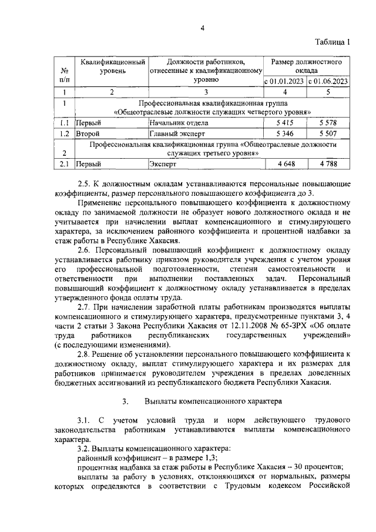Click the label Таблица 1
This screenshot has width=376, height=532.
332,42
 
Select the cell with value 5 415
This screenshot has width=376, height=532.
284,123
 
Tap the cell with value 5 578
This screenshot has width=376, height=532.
329,123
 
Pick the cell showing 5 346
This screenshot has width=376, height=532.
284,133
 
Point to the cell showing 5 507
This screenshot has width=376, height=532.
329,133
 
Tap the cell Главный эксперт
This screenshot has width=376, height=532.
174,133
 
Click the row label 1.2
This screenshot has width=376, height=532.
64,133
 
